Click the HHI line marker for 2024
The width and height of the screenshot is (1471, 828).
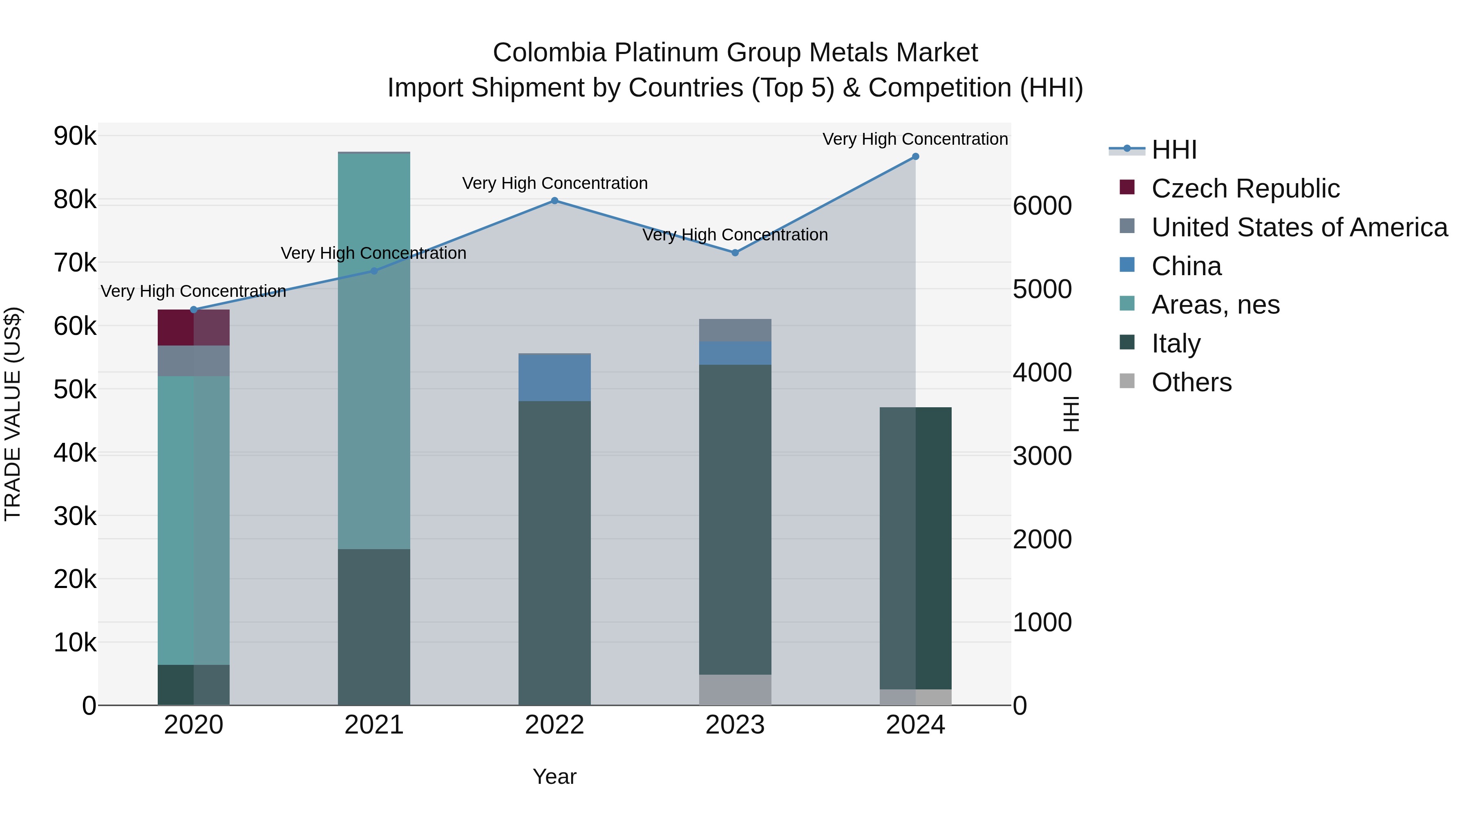point(915,157)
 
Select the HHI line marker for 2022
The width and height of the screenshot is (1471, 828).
point(554,201)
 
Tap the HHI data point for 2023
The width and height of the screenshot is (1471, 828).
point(735,253)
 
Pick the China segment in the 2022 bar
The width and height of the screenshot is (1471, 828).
point(554,378)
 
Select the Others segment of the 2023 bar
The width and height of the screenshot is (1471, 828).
point(735,690)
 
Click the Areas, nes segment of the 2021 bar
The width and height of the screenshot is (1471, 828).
point(374,351)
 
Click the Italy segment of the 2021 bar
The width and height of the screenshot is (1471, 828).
point(374,627)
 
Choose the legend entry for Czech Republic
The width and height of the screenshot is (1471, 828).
point(1245,188)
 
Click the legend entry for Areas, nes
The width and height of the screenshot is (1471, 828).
point(1215,305)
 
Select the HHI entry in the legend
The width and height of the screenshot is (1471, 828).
point(1174,150)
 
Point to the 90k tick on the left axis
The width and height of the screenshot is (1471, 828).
point(75,136)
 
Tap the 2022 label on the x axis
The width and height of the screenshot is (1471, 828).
point(554,725)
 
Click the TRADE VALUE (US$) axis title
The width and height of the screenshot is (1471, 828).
point(13,414)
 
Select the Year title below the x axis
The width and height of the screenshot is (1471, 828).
point(554,776)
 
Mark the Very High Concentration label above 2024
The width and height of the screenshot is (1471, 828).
point(915,139)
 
